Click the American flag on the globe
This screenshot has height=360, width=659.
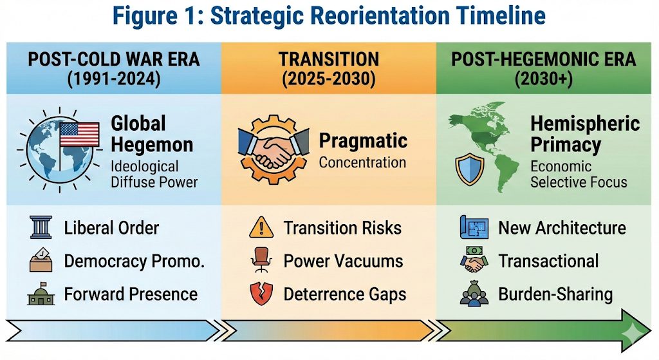coord(79,134)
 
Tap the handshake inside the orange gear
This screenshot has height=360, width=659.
coord(273,149)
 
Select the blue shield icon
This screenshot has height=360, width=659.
coord(469,169)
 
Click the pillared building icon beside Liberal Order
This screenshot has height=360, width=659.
coord(41,227)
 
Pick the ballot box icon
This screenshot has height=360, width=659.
coord(41,260)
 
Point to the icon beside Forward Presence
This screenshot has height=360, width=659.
coord(41,294)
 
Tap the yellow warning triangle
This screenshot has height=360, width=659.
coord(261,227)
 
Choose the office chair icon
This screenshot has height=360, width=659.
coord(261,260)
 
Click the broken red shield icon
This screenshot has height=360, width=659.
coord(261,294)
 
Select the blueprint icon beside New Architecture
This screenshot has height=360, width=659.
coord(474,227)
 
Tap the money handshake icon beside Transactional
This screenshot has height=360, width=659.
coord(474,260)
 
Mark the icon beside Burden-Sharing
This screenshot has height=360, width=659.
coord(474,293)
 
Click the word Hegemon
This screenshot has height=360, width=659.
coord(152,145)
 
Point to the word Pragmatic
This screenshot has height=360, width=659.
coord(363,141)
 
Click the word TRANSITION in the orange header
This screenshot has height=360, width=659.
coord(329,59)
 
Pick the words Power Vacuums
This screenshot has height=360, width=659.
coord(344,261)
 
